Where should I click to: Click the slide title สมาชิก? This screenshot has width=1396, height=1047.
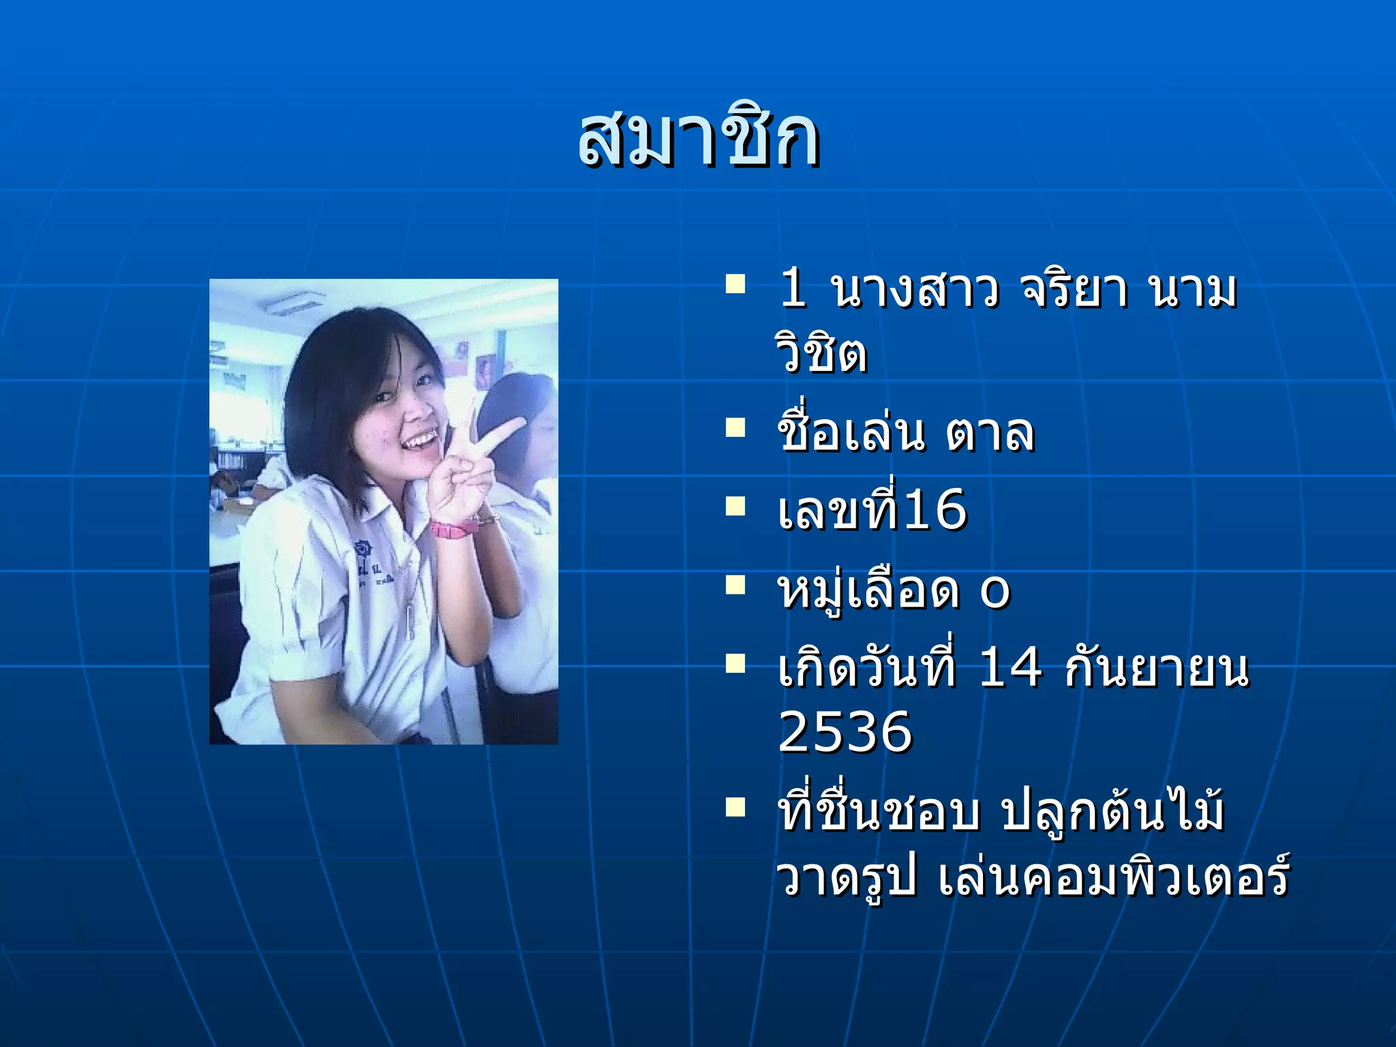[698, 140]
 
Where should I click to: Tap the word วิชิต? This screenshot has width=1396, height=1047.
[821, 353]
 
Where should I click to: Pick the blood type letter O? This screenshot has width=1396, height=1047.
[995, 592]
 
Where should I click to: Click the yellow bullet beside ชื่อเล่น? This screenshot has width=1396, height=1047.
[735, 428]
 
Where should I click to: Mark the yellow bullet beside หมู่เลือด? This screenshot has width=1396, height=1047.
[735, 585]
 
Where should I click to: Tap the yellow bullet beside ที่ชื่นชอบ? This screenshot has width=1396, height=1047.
[735, 807]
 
